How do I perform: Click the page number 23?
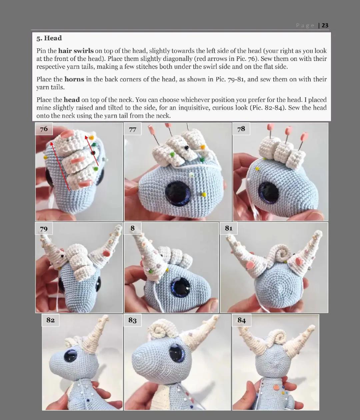tap(325, 25)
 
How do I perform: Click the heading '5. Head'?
tap(49, 38)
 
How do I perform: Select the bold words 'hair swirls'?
tap(76, 51)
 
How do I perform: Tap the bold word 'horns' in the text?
tap(74, 79)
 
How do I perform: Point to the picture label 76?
tap(44, 129)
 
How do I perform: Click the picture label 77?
tap(133, 129)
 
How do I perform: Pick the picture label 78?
tap(241, 129)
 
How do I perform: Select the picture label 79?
tap(44, 229)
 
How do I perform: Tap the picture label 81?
tap(229, 228)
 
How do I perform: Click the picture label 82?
tap(50, 320)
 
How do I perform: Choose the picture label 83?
tap(132, 320)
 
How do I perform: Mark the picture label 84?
tap(241, 320)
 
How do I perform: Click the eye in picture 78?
tap(268, 192)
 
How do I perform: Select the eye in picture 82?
tap(70, 356)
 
